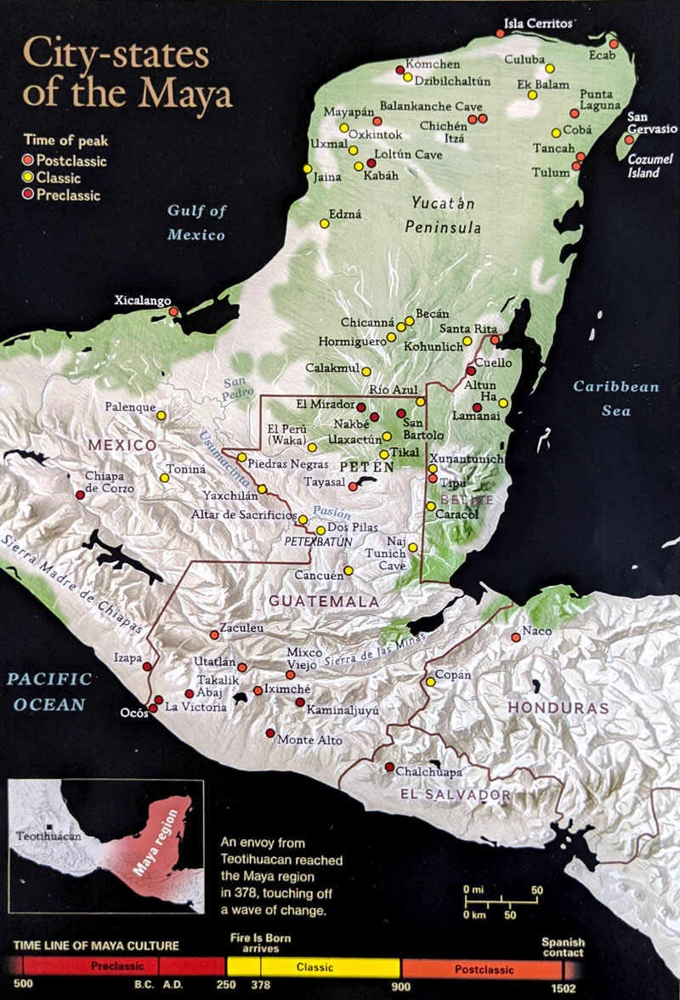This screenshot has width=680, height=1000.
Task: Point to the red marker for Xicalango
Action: coord(173,312)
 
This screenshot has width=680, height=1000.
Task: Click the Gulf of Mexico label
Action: coord(196,223)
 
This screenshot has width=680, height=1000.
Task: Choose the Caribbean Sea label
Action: coord(615,399)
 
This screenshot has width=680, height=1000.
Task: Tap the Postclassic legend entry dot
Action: coord(28,160)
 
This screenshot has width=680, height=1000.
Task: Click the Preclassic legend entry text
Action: coord(69,196)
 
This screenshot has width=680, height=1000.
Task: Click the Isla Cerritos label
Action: coord(538,23)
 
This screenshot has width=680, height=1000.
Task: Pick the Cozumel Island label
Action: coord(650,166)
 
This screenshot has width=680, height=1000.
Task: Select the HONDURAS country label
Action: coord(558,707)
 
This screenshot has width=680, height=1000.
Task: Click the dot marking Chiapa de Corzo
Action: coord(80,495)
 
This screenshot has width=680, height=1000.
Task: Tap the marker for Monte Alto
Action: coord(270,733)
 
